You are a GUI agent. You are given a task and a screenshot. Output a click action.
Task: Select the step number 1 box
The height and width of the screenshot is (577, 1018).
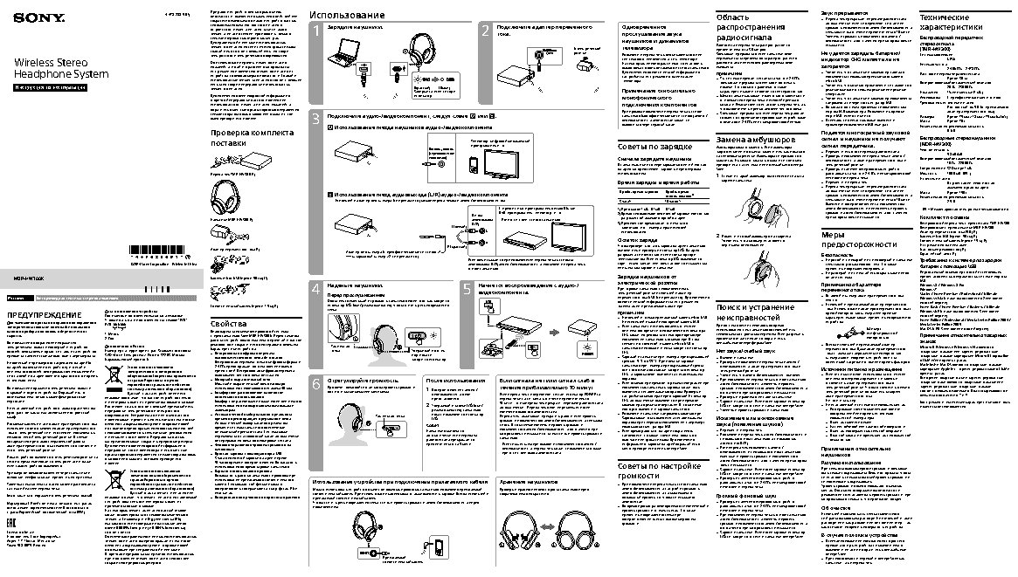pos(316,32)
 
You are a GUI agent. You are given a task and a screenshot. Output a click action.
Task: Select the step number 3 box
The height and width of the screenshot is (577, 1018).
pos(315,117)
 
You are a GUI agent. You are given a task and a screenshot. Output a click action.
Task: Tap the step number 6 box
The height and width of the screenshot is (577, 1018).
pos(316,384)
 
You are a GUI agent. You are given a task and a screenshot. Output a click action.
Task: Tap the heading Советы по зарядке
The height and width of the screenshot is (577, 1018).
pos(655,146)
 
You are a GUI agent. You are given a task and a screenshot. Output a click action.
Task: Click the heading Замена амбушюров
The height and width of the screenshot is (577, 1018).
pos(756,141)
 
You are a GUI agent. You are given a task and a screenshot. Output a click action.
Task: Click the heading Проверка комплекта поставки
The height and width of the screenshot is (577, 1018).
pos(239,137)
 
